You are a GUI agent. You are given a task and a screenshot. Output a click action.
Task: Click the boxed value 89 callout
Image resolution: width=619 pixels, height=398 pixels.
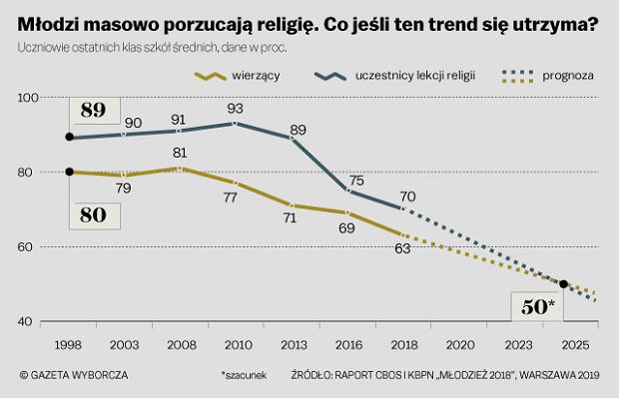pos(95,111)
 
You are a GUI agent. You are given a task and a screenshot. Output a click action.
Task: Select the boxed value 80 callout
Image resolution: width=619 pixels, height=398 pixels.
pos(95,215)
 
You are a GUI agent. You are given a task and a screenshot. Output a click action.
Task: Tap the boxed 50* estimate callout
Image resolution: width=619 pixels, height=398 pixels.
pos(537,306)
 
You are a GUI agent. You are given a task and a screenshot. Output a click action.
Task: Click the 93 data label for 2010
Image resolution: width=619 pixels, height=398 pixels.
pos(236,108)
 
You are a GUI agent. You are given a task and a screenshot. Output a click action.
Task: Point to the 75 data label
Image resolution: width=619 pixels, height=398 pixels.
pos(356,181)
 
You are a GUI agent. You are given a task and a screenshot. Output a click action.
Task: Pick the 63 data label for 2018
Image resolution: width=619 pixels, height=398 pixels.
pos(402,248)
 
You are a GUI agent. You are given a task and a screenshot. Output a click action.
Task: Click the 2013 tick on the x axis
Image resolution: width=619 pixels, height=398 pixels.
pos(294,345)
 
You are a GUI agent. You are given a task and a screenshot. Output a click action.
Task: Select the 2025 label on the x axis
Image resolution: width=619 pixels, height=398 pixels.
pos(576,345)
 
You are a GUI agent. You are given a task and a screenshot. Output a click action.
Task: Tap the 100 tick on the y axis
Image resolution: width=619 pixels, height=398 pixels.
pos(28,98)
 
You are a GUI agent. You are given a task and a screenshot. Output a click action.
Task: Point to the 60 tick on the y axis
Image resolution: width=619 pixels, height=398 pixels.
pos(25,247)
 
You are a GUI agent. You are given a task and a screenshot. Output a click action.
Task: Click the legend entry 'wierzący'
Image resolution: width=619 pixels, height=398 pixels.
pos(238,76)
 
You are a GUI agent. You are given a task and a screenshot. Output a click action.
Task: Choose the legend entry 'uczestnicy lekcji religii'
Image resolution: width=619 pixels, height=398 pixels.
pos(394,76)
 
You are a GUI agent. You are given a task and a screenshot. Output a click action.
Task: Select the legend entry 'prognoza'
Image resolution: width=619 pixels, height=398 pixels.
pos(548,76)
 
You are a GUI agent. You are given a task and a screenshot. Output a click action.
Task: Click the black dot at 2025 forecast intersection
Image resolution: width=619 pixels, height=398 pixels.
pos(564,284)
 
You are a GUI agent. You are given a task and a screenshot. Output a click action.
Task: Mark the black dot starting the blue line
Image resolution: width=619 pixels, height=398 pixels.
pos(70,137)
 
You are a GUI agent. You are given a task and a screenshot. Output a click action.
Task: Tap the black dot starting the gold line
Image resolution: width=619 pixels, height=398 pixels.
pos(70,172)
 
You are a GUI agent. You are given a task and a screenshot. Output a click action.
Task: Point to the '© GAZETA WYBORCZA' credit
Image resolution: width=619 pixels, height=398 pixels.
pos(74,375)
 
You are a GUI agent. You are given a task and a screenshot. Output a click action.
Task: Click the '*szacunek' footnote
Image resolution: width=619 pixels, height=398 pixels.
pos(244,375)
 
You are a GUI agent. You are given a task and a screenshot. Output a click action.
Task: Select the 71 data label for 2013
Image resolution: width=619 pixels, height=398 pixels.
pos(291,217)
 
